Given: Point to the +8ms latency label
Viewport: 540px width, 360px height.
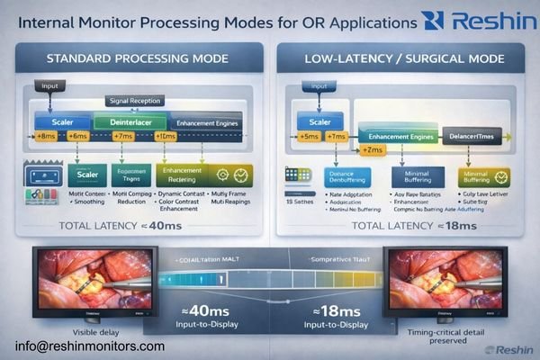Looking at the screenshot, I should coord(46,136).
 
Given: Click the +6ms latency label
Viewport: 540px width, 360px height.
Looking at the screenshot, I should coord(77,136).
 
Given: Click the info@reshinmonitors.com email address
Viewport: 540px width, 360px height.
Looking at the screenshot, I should coord(90,346).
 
